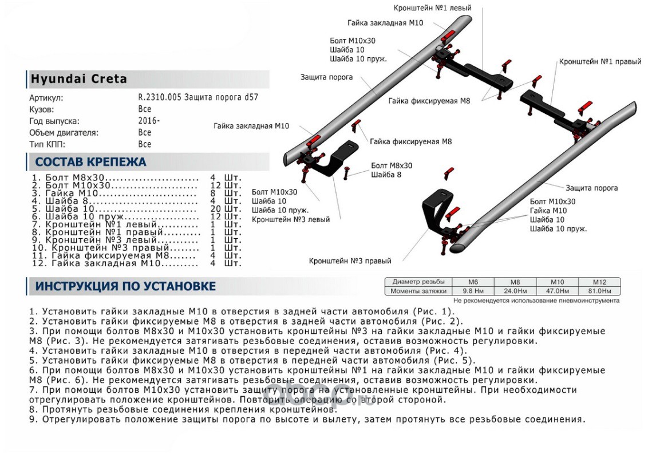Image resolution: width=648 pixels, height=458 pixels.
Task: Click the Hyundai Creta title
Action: click(78, 79)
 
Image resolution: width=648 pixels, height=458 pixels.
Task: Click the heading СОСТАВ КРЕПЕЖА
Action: click(90, 162)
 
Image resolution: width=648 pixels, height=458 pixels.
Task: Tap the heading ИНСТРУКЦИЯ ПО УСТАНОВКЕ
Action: click(125, 286)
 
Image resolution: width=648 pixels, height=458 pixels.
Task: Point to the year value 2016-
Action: click(149, 121)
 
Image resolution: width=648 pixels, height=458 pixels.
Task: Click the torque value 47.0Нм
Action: click(557, 291)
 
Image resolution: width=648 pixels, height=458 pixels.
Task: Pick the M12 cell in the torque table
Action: click(599, 282)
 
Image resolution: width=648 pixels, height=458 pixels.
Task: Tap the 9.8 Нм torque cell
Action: click(473, 291)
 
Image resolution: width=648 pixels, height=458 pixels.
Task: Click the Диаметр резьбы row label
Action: click(418, 282)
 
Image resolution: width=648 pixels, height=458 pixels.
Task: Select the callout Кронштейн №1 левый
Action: click(432, 9)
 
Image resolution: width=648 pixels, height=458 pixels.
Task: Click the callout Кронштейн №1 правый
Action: click(600, 61)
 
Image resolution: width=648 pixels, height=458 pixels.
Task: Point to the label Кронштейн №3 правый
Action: click(350, 261)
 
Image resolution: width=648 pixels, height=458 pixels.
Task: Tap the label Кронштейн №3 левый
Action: click(290, 219)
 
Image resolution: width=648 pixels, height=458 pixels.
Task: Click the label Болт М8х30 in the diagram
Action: click(392, 165)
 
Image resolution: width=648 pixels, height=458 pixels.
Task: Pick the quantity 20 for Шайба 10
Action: click(217, 209)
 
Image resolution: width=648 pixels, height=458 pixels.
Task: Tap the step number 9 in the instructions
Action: click(32, 420)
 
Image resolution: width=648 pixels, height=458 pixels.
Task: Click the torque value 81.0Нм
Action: click(599, 291)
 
